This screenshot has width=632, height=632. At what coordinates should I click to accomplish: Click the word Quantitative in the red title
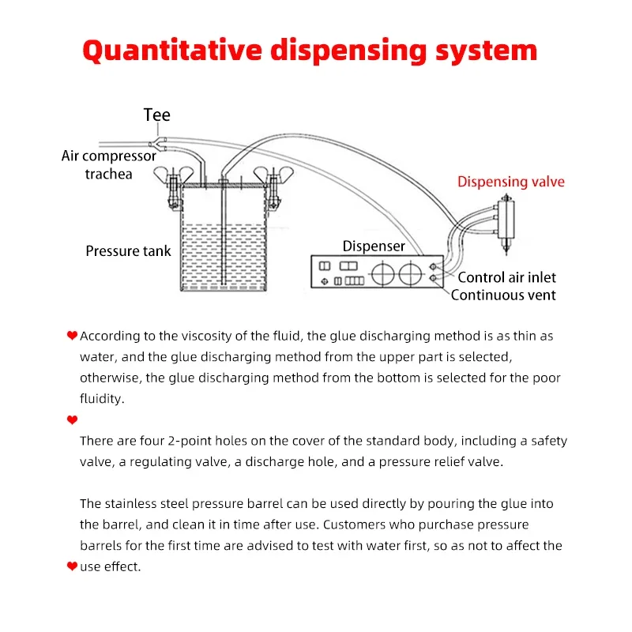[x=171, y=51]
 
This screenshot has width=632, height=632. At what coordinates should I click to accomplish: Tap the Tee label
[x=156, y=115]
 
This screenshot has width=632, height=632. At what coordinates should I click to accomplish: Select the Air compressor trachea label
[x=109, y=164]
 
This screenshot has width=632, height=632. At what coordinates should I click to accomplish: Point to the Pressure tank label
[x=128, y=251]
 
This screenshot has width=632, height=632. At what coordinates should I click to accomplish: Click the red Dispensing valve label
[x=511, y=182]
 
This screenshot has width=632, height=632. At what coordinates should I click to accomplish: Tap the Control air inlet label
[x=506, y=277]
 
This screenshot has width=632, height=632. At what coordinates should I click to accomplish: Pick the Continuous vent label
[x=503, y=295]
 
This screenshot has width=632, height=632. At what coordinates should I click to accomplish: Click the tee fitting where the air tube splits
[x=163, y=143]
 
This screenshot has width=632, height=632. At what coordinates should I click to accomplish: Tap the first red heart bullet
[x=73, y=336]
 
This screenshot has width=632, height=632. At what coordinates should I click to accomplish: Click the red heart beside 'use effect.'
[x=73, y=566]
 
